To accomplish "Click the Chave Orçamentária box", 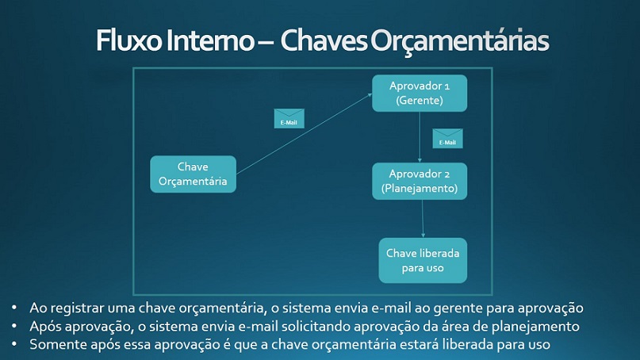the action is click(x=193, y=174).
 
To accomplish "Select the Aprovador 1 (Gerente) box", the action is click(x=420, y=93).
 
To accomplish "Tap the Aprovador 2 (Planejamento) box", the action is click(x=420, y=182).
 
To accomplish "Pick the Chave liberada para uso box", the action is click(x=423, y=260).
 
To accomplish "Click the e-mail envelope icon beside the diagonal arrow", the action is click(x=289, y=118).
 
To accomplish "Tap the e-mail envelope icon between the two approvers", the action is click(x=448, y=138).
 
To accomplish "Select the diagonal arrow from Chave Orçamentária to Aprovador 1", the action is click(x=304, y=134).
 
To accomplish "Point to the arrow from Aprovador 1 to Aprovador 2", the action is click(x=420, y=137).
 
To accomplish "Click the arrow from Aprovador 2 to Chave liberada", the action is click(x=423, y=219).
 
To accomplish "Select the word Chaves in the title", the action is click(x=324, y=40).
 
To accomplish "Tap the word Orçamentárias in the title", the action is click(x=458, y=41).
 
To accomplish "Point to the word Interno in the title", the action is click(x=210, y=40).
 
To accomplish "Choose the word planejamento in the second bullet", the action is click(x=535, y=327).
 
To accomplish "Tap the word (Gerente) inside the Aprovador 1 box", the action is click(x=420, y=101).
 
